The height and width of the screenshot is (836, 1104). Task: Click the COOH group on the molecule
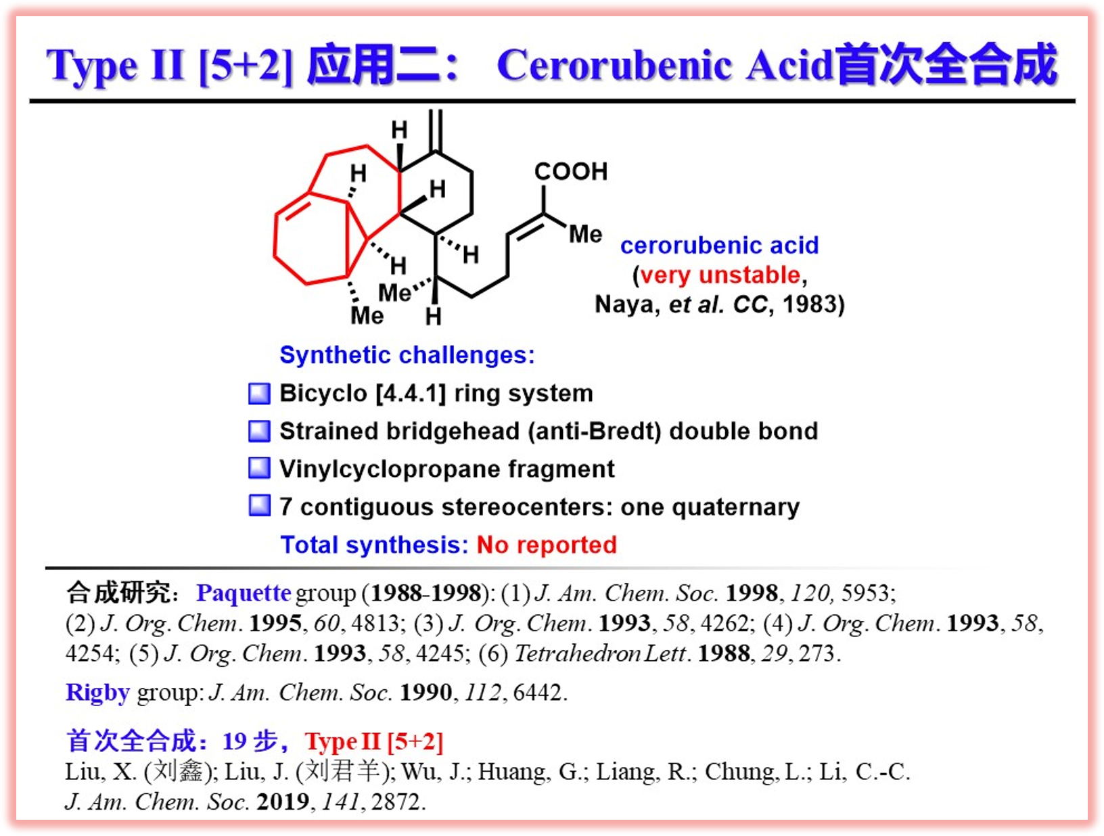[x=571, y=171]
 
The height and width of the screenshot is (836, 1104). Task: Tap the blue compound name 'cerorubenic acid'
[x=719, y=246]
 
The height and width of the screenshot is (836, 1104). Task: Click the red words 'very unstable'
[x=720, y=275]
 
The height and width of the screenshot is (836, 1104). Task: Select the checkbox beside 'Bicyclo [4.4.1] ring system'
[x=260, y=394]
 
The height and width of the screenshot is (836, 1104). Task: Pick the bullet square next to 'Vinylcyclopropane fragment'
[x=260, y=469]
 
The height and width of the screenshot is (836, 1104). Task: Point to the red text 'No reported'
[x=547, y=545]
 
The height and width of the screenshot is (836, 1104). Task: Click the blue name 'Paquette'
[x=244, y=594]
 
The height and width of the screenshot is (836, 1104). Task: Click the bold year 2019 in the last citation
[x=283, y=802]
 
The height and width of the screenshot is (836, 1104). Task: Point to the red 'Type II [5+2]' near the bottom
[x=373, y=741]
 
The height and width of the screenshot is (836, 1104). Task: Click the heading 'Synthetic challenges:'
[x=407, y=355]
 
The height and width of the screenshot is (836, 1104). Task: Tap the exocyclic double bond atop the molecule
[x=436, y=131]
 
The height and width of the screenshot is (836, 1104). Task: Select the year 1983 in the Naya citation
[x=809, y=304]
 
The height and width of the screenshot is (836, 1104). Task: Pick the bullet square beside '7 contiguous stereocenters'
[x=260, y=506]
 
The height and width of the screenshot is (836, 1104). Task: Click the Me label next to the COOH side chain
[x=585, y=234]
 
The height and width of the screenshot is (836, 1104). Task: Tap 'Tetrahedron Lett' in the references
[x=599, y=654]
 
